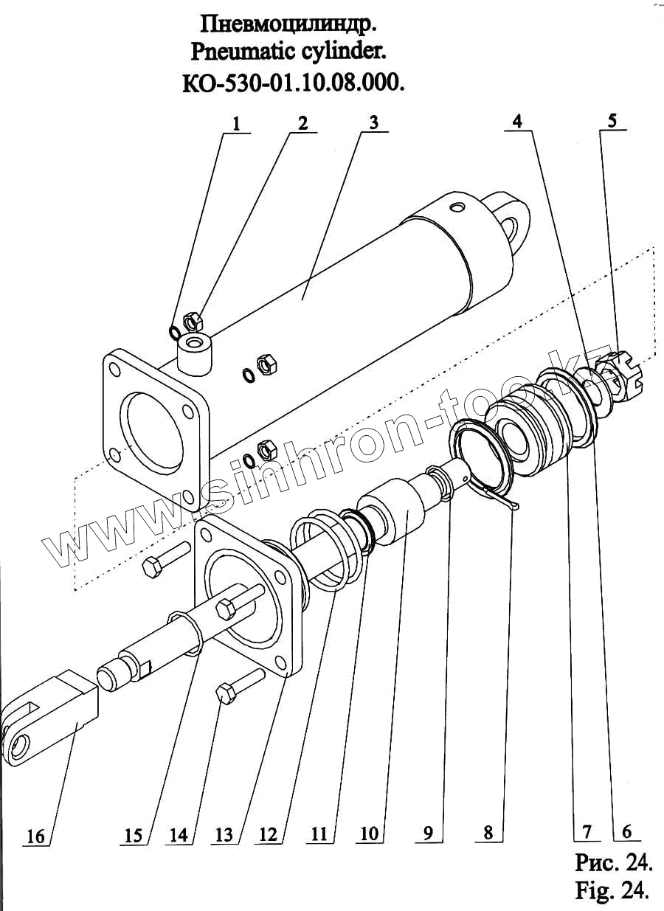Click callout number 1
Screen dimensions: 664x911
click(x=236, y=123)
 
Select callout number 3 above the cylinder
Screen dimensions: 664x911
click(x=374, y=122)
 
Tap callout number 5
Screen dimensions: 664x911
click(x=613, y=121)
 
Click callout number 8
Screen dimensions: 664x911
click(x=488, y=832)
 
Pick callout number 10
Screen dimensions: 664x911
click(x=370, y=834)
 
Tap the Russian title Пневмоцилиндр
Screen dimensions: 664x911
click(x=289, y=24)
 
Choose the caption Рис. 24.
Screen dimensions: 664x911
click(x=612, y=861)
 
